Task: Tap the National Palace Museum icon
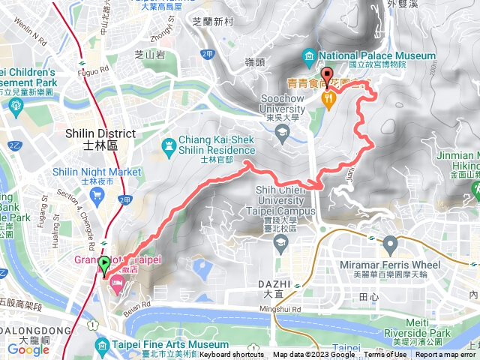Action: point(309,56)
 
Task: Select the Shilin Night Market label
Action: point(97,172)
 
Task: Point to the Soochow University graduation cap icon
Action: point(282,134)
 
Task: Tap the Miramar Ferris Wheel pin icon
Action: point(390,244)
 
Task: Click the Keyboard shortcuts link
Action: point(231,355)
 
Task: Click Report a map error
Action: point(446,355)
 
